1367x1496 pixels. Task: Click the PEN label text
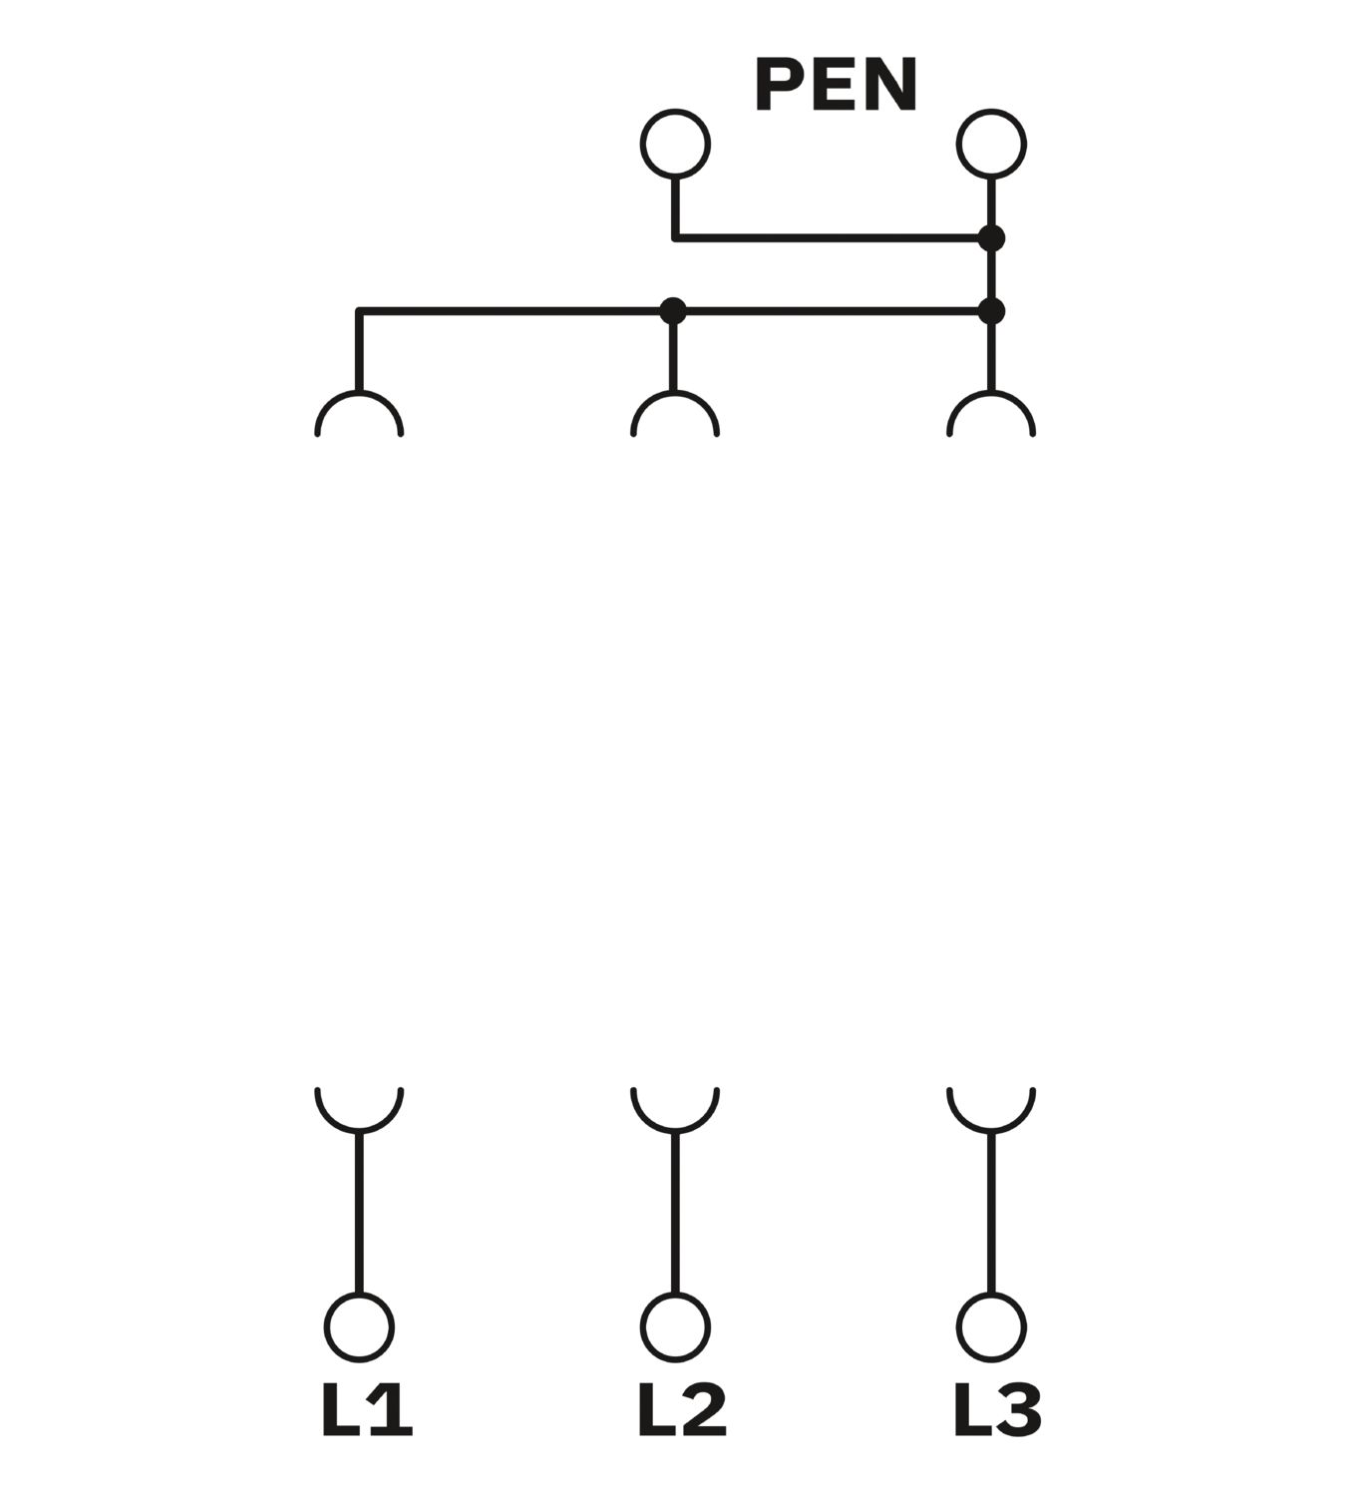tap(836, 85)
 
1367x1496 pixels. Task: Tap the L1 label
tap(366, 1410)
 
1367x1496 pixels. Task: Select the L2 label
tap(682, 1410)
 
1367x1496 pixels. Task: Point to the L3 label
tap(997, 1410)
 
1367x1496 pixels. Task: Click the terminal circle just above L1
tap(359, 1327)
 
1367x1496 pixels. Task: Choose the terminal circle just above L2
tap(675, 1327)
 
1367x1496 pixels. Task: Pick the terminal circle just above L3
tap(991, 1327)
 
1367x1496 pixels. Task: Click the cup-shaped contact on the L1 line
tap(359, 1109)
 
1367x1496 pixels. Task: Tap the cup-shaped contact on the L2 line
tap(675, 1109)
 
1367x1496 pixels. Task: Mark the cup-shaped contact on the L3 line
tap(991, 1109)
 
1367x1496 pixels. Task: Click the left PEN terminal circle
tap(675, 144)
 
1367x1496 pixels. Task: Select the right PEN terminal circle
tap(991, 144)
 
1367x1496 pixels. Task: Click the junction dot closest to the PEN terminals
tap(991, 238)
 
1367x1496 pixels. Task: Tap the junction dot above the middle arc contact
tap(673, 311)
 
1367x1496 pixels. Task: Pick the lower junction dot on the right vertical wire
tap(991, 311)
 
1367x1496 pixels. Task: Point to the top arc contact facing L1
tap(359, 413)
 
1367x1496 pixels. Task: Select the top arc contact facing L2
tap(675, 413)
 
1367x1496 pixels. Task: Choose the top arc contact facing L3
tap(991, 413)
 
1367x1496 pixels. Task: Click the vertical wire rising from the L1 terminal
tap(359, 1212)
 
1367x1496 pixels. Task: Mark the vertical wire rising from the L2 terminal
tap(675, 1212)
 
